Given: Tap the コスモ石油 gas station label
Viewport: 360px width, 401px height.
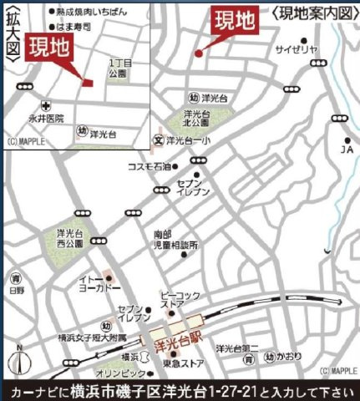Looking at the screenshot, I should pos(148,166).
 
